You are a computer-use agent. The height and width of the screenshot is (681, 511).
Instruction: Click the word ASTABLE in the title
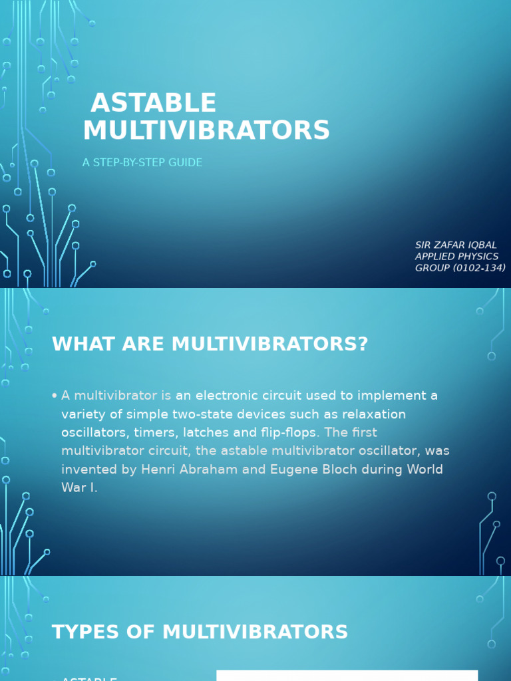point(153,103)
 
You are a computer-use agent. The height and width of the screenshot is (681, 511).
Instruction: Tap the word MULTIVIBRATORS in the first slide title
point(206,130)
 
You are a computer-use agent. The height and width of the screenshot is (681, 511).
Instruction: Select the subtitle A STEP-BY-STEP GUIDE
point(142,162)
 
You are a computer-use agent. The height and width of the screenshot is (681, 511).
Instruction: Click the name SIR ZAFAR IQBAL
point(456,245)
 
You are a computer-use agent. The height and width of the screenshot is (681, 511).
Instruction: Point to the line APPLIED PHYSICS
point(456,256)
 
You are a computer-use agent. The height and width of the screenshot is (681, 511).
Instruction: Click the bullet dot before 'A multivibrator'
point(54,396)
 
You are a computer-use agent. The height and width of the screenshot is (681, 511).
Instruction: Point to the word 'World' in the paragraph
point(425,469)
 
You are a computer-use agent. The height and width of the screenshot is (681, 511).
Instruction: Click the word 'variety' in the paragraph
point(83,414)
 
